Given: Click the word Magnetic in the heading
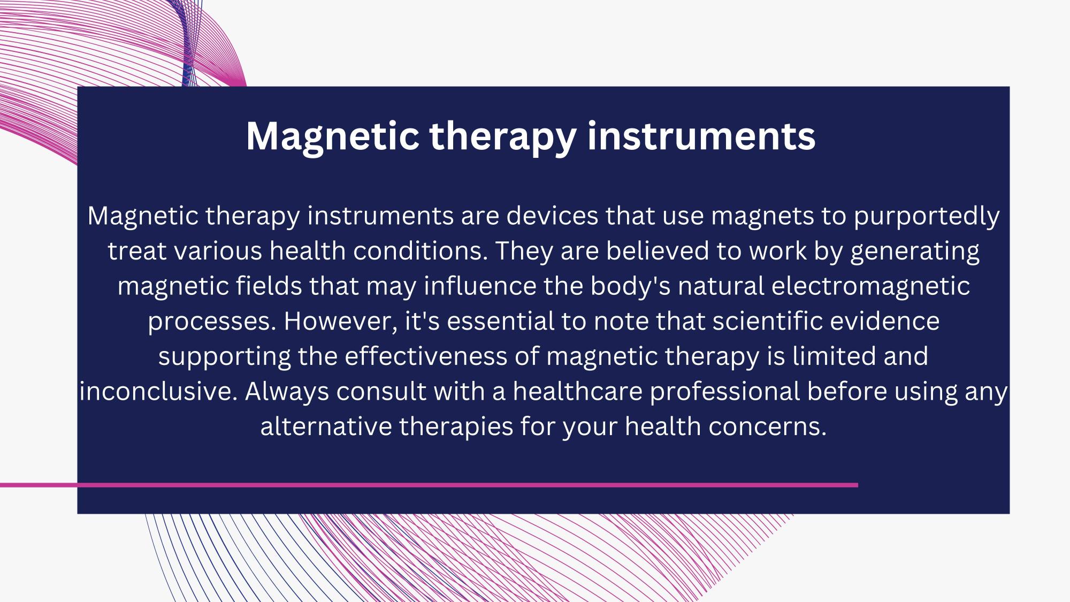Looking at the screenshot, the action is coord(332,136).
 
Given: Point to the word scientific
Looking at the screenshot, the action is coord(765,321).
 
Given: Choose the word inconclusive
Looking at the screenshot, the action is coord(158,392).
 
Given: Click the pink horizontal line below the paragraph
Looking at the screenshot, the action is coord(429,485).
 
